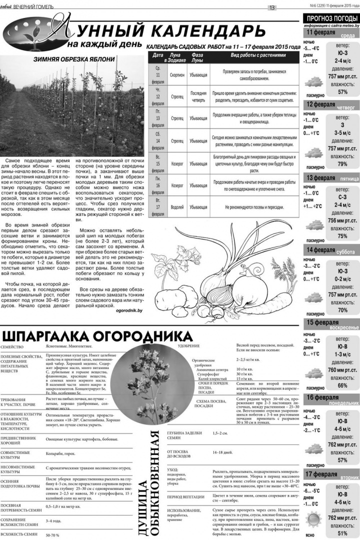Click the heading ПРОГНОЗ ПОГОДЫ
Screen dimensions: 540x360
tap(330, 18)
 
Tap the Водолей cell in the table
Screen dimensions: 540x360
tap(176, 206)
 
